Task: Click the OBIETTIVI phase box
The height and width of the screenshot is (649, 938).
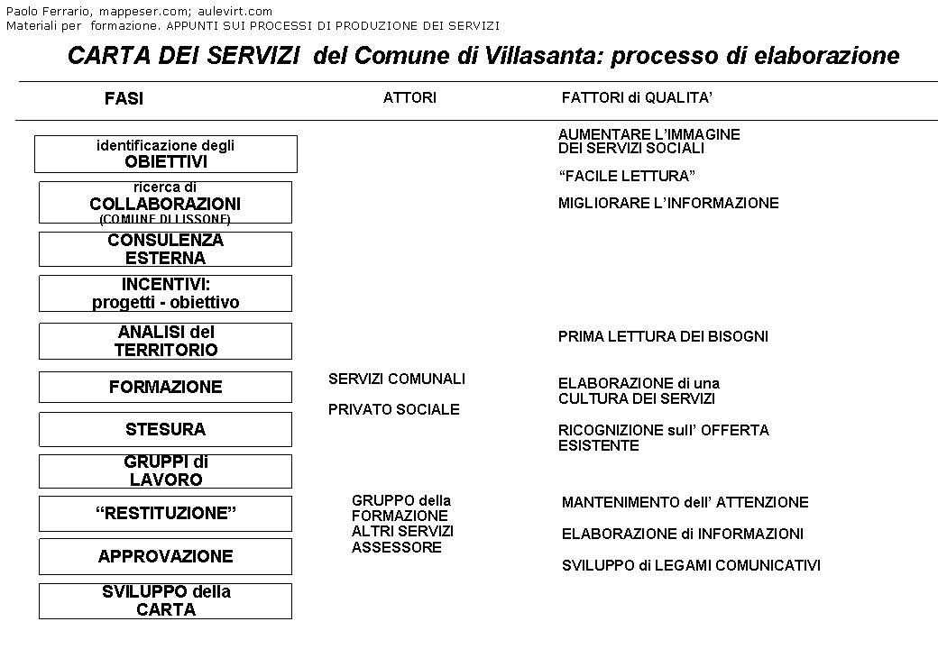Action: point(166,154)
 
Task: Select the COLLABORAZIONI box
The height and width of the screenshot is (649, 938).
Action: point(165,203)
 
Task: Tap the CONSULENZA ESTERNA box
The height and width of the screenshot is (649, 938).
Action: point(165,249)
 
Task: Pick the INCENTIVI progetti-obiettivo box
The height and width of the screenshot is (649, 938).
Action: point(165,294)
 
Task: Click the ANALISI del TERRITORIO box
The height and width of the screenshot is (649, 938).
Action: point(165,342)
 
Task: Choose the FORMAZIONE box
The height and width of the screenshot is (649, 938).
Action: point(165,387)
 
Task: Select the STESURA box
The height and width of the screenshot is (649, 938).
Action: point(165,429)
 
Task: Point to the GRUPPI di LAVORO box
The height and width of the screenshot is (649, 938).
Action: point(165,471)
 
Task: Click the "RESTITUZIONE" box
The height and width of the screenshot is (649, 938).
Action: point(165,514)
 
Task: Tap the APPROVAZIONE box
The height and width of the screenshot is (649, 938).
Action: point(165,556)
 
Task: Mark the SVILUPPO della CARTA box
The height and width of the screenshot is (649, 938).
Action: point(165,601)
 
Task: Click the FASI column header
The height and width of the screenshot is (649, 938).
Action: point(124,99)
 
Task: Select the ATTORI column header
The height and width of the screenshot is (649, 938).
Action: point(409,97)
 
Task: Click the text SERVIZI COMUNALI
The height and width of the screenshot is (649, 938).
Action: point(397,379)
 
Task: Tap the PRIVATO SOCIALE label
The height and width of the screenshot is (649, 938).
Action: point(394,409)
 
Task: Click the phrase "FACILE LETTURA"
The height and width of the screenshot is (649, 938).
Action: point(627,177)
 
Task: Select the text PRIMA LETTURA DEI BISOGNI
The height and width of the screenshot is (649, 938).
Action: point(663,337)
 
